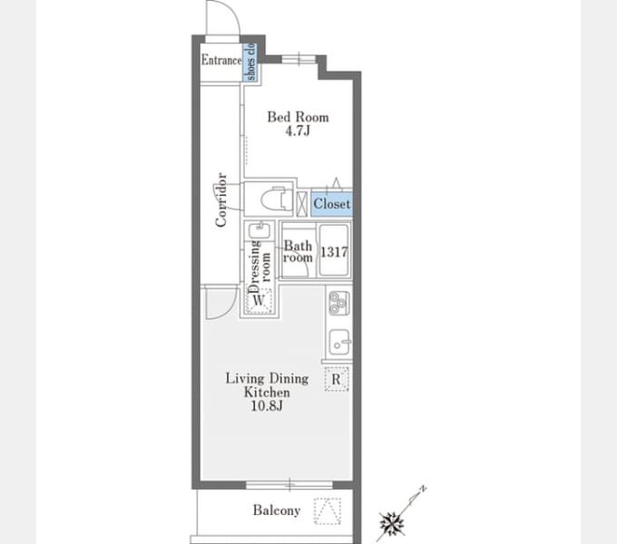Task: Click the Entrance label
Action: pyautogui.click(x=221, y=60)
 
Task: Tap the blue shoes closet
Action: pyautogui.click(x=250, y=62)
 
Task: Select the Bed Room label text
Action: pyautogui.click(x=298, y=117)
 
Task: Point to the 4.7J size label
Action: pyautogui.click(x=298, y=131)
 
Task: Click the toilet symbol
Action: pyautogui.click(x=277, y=199)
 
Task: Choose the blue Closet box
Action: pyautogui.click(x=332, y=204)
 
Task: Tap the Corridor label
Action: pyautogui.click(x=221, y=199)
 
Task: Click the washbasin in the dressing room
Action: pyautogui.click(x=259, y=230)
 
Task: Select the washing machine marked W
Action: pyautogui.click(x=259, y=301)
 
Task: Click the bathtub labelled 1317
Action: pyautogui.click(x=334, y=250)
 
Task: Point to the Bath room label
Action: pyautogui.click(x=298, y=251)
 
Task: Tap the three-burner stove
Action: pyautogui.click(x=338, y=303)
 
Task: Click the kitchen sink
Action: pyautogui.click(x=339, y=342)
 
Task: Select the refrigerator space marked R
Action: pyautogui.click(x=337, y=379)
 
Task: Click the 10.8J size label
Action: pyautogui.click(x=267, y=405)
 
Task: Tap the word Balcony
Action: pyautogui.click(x=277, y=510)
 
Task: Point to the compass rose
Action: pyautogui.click(x=392, y=523)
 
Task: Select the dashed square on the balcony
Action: pyautogui.click(x=328, y=511)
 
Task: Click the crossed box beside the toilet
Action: pyautogui.click(x=302, y=203)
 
